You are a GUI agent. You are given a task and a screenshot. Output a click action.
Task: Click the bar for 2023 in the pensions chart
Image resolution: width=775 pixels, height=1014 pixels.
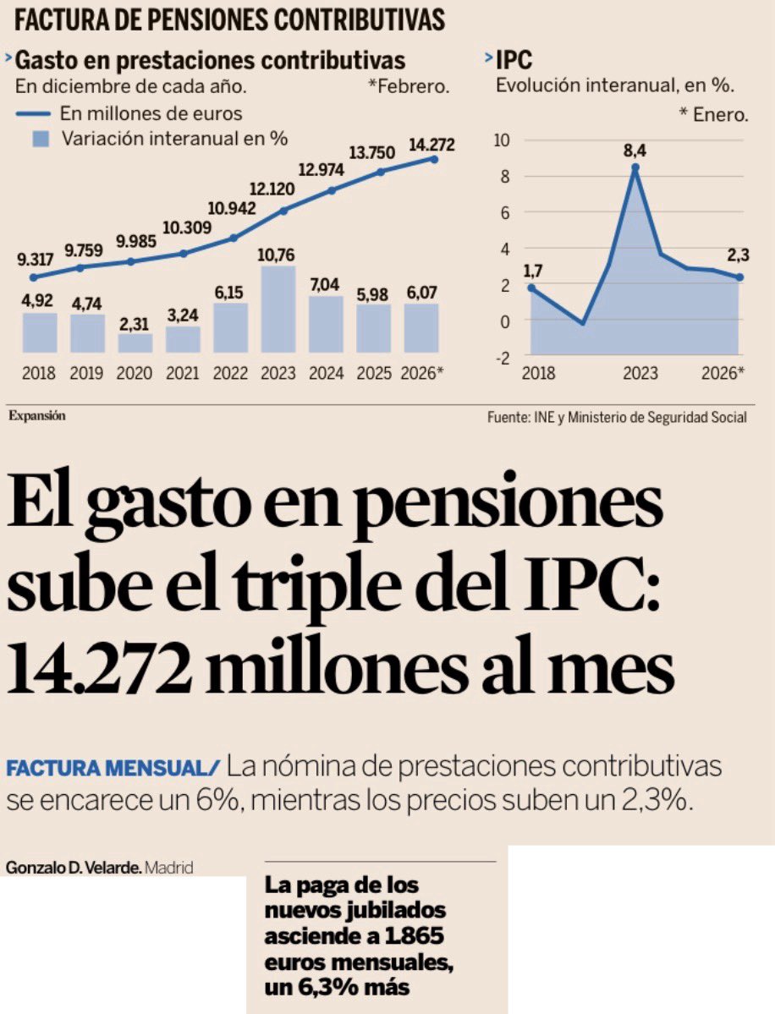[x=278, y=310]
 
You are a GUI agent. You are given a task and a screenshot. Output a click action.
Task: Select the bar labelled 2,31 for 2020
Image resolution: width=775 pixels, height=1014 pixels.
[x=135, y=343]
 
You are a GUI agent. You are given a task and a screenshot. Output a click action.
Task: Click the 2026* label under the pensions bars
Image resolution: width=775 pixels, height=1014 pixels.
[x=422, y=372]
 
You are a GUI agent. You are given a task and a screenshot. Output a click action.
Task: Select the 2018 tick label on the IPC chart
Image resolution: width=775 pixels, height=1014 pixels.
[x=539, y=372]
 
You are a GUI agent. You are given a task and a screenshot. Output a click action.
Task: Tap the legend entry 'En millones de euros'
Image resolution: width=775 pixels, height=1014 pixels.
[x=151, y=113]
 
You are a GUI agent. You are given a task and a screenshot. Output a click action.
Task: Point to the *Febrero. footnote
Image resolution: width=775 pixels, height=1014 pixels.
[x=409, y=86]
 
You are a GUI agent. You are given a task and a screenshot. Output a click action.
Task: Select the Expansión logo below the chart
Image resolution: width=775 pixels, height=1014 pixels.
[x=37, y=415]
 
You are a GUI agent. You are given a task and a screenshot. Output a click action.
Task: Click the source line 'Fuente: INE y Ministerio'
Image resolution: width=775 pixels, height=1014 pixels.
[x=617, y=417]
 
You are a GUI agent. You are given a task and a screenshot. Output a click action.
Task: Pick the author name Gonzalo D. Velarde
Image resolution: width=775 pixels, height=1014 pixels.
[x=72, y=868]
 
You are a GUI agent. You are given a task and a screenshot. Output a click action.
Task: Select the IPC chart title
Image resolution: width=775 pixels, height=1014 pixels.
[x=513, y=60]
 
